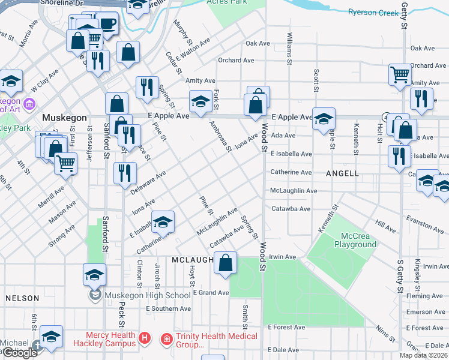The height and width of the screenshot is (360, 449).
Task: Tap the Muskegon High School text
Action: tap(148, 295)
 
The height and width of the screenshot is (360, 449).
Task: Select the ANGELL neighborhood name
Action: tap(342, 173)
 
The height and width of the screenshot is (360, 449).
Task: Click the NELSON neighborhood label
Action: tap(22, 298)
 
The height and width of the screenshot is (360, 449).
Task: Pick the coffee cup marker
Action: tap(107, 24)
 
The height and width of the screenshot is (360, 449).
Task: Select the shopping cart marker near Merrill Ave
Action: tap(65, 163)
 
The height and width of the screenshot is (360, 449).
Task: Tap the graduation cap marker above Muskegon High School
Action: tap(94, 275)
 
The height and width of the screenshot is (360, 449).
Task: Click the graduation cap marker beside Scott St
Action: tap(323, 118)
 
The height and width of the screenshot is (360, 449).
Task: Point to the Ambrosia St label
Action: tap(220, 136)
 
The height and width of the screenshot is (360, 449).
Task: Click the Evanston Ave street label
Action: tap(425, 226)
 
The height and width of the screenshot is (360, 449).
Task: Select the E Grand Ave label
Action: tap(211, 293)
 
